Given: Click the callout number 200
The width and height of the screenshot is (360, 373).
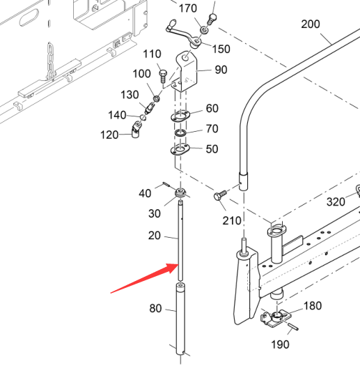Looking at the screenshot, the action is click(311, 24).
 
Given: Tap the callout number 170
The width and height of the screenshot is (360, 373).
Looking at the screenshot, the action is click(188, 8).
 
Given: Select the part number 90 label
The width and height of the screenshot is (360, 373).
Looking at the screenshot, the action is click(221, 70).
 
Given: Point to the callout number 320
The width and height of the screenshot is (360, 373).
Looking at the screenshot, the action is click(336, 202).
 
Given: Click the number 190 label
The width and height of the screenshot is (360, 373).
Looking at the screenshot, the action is click(280, 344).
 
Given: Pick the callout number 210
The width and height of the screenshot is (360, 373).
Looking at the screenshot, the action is click(232, 221).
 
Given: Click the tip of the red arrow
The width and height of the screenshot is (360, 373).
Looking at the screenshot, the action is click(178, 264).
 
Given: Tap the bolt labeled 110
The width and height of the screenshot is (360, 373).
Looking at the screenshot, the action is click(163, 77).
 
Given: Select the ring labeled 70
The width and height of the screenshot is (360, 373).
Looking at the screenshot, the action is click(181, 133).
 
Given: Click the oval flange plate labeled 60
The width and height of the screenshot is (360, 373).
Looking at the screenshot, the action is click(180, 116).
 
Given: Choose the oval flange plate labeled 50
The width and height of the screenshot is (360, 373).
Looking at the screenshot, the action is click(180, 150).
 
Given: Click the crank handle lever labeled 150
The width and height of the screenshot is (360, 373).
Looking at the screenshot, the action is click(183, 33).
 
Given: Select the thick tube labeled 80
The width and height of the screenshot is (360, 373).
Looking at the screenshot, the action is click(180, 319).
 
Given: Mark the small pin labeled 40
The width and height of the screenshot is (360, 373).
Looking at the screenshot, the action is click(166, 184).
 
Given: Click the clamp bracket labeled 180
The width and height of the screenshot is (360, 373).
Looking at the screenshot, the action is click(276, 319).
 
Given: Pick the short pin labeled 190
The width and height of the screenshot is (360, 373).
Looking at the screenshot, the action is click(292, 326).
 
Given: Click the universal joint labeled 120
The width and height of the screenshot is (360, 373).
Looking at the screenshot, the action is click(136, 129).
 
